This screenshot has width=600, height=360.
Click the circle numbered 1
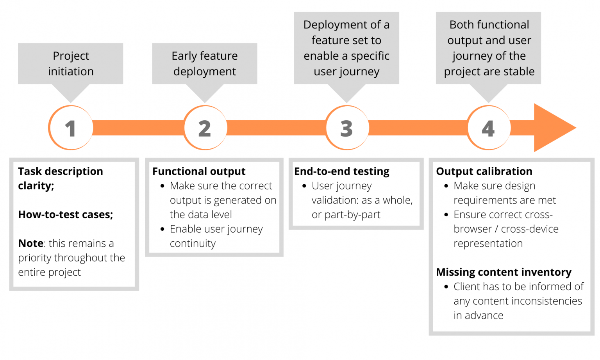point(71,128)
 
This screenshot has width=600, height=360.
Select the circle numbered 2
point(205,128)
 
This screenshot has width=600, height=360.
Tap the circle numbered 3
point(347,128)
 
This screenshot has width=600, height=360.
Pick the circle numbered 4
point(488,128)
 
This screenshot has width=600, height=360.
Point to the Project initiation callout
point(71,64)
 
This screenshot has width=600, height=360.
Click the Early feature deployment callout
point(205,64)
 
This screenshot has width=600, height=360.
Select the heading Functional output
point(199,171)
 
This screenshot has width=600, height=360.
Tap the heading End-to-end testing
point(342,171)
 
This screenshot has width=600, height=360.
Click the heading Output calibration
point(484,171)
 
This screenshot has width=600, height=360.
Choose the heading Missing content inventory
point(504,272)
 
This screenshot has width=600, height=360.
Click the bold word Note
point(30,243)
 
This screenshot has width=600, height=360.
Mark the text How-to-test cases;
point(66,215)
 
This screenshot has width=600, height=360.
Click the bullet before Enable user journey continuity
point(162,229)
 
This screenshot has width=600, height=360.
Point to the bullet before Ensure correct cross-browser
point(446,215)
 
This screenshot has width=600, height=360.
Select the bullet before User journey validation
point(304,186)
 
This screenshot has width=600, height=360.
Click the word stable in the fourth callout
point(519,71)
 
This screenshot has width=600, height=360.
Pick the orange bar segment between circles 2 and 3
point(276,128)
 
